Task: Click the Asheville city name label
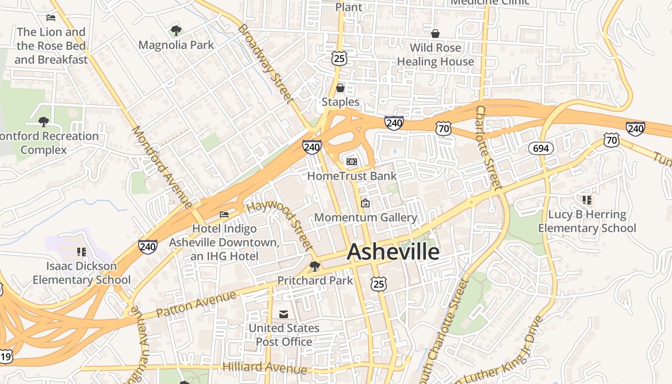tap(393, 252)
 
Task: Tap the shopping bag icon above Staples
tap(340, 88)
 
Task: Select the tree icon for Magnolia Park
tap(176, 31)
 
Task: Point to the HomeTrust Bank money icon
tap(352, 162)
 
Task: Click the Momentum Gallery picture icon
tap(365, 204)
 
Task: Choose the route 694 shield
tap(541, 148)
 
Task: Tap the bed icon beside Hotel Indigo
tap(224, 215)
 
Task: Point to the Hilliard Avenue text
tap(264, 368)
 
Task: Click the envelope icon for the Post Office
tap(284, 314)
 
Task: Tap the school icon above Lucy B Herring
tap(587, 200)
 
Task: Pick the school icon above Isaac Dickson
tap(81, 252)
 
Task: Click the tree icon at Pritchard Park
tap(315, 266)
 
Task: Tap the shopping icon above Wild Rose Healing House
tap(435, 34)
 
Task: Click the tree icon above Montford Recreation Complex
tap(44, 122)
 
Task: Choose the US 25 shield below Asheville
tap(379, 284)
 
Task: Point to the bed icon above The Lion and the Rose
tap(51, 18)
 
